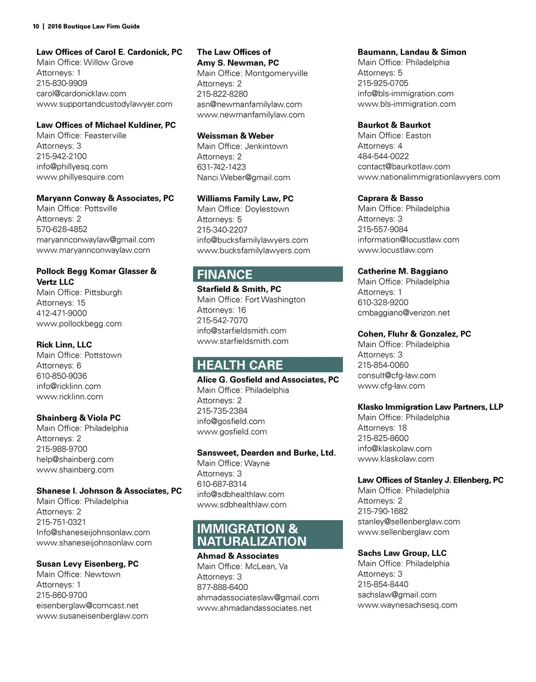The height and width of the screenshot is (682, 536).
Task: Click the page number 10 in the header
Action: [x=36, y=26]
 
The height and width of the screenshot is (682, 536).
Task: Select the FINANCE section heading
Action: [x=225, y=274]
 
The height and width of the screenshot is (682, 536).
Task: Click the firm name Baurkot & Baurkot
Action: [x=394, y=125]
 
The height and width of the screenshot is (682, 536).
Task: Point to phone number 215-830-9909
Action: [x=62, y=83]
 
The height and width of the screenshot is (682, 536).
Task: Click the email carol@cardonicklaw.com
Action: [x=81, y=94]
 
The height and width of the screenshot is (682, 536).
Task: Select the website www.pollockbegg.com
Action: [x=79, y=323]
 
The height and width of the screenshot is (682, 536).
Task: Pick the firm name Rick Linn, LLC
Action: [x=64, y=344]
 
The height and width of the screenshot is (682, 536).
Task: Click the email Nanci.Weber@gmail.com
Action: [x=243, y=177]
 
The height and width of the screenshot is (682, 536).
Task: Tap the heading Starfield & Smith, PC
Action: [x=239, y=289]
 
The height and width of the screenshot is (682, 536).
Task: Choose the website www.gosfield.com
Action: [x=232, y=432]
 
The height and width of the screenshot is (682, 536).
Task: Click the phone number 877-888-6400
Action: [x=222, y=587]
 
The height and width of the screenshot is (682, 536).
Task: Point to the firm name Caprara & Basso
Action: [x=390, y=198]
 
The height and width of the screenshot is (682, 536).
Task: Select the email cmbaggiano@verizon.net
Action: [x=404, y=313]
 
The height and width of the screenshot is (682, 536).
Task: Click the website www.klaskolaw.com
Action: [x=396, y=459]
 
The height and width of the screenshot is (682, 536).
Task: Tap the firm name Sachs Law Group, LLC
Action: [x=402, y=553]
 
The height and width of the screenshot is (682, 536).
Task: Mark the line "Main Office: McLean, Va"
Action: [x=242, y=566]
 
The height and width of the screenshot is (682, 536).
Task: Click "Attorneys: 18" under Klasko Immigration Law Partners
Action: [x=382, y=428]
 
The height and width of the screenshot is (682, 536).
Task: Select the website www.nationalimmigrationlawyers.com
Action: [x=429, y=177]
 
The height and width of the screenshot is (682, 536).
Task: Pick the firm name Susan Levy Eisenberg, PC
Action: [x=87, y=564]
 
